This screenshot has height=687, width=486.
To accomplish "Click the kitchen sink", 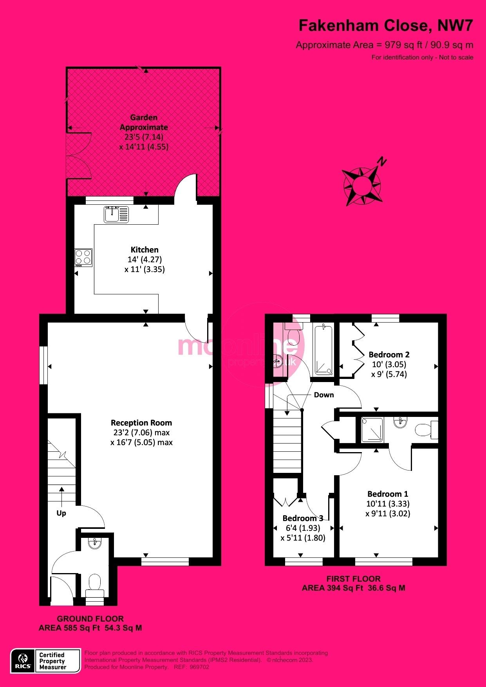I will [116, 214].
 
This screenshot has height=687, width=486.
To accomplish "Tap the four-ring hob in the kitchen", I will [83, 257].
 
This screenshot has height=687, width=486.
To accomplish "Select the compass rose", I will [361, 185].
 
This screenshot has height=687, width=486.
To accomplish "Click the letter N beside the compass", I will [382, 161].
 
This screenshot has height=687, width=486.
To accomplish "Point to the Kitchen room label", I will [145, 250].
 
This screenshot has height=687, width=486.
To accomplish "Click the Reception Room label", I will [141, 423].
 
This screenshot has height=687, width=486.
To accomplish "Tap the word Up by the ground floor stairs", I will [61, 513].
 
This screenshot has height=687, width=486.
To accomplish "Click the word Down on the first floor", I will [324, 395].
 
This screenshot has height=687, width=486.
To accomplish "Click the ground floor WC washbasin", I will [95, 543].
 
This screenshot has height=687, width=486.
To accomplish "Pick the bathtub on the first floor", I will [323, 350].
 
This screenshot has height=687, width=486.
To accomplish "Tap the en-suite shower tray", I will [372, 430].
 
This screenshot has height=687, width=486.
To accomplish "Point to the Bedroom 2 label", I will [389, 355].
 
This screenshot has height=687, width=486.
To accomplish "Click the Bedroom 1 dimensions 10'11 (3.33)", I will [388, 504].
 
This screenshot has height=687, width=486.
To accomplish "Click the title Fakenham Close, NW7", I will [386, 26].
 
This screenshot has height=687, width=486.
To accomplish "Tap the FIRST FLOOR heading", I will [353, 579].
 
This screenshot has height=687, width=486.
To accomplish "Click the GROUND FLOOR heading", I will [90, 619].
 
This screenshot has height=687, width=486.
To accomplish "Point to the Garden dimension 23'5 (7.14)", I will [144, 137].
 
